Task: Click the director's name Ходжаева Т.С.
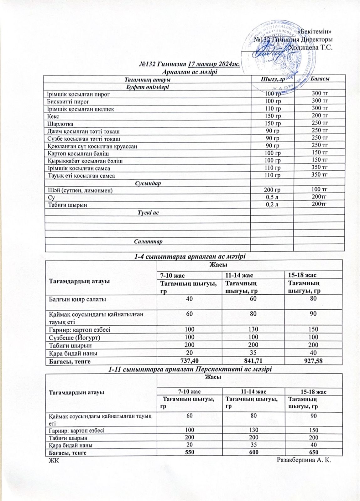click(310, 48)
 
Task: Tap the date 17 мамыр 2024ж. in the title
click(214, 65)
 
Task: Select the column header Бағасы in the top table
click(320, 79)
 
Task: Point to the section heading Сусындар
click(148, 183)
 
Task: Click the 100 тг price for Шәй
click(320, 189)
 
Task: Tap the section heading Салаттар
click(148, 242)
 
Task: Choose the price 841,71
click(253, 361)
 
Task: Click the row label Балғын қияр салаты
click(77, 299)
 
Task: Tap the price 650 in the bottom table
click(313, 452)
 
